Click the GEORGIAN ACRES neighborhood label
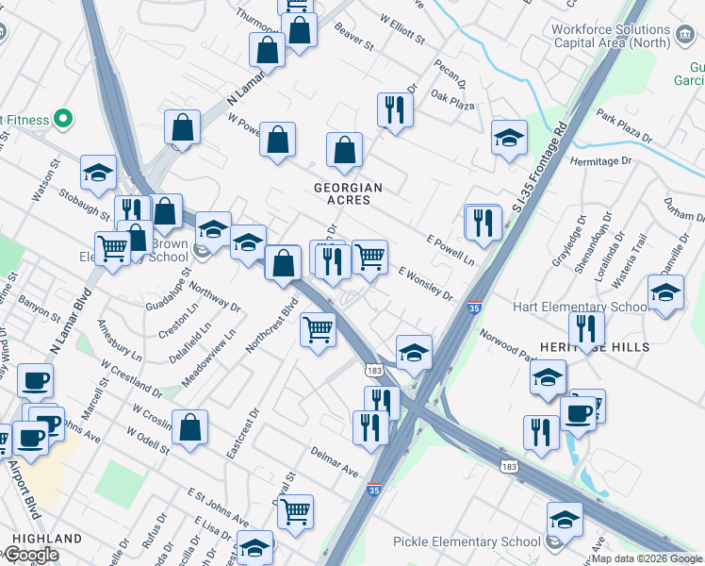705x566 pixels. [349, 194]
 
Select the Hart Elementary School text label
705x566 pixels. [579, 308]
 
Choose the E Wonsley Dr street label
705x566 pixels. [425, 282]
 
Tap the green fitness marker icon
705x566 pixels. [63, 119]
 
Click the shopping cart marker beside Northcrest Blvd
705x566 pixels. [319, 330]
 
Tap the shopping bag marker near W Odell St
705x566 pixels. [190, 427]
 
